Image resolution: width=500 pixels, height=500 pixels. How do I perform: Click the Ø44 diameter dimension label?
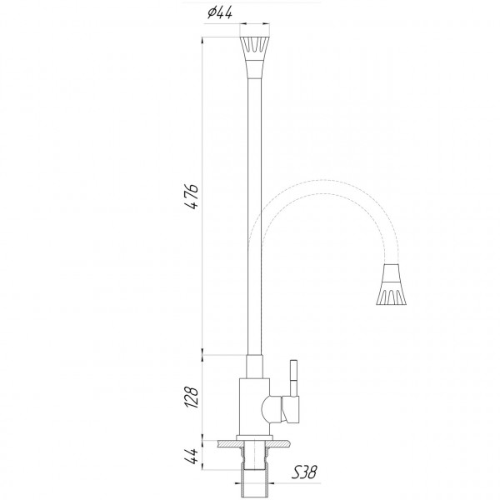tap(219, 12)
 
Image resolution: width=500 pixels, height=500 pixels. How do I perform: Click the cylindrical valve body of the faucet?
tap(253, 408)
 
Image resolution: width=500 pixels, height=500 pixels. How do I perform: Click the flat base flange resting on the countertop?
tap(254, 437)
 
